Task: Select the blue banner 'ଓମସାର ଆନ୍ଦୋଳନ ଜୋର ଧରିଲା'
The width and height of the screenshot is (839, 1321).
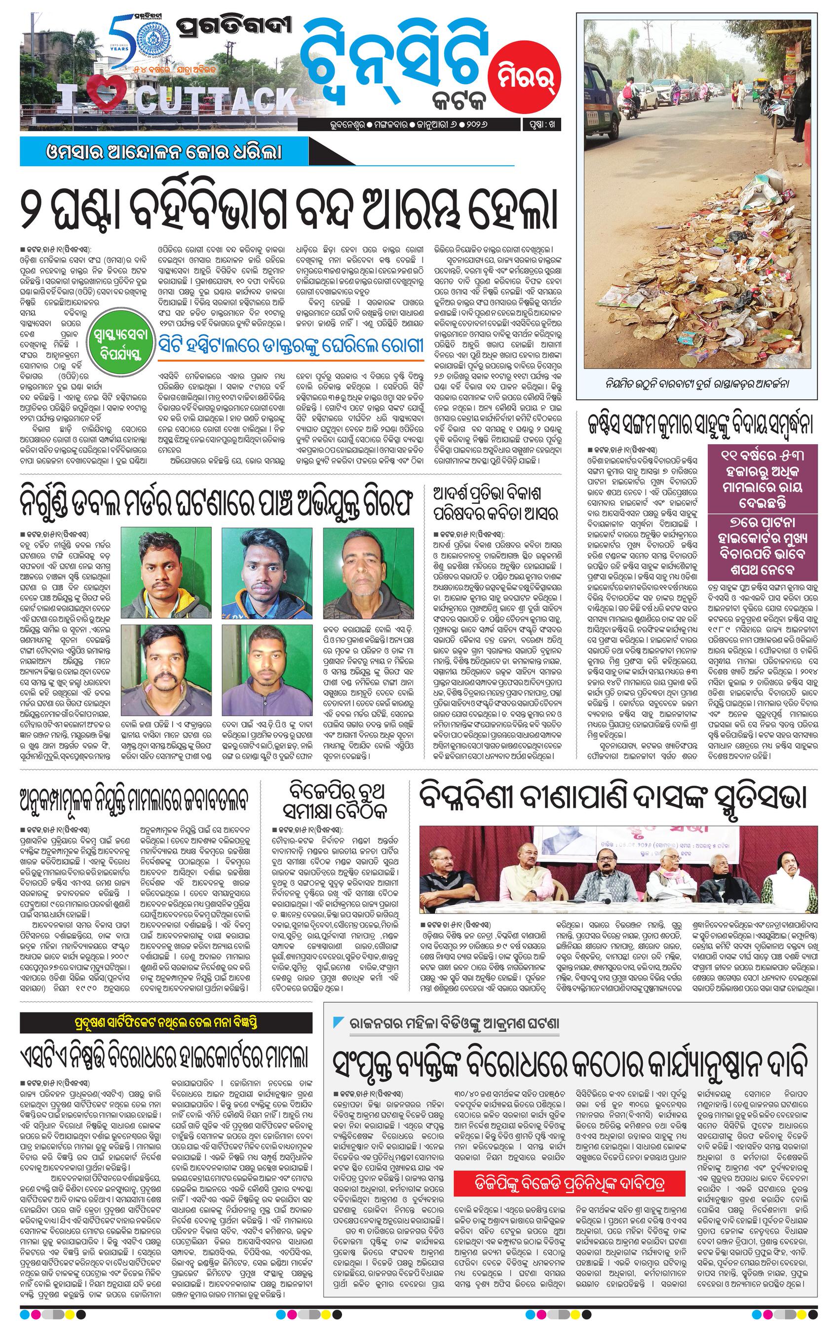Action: (x=165, y=151)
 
